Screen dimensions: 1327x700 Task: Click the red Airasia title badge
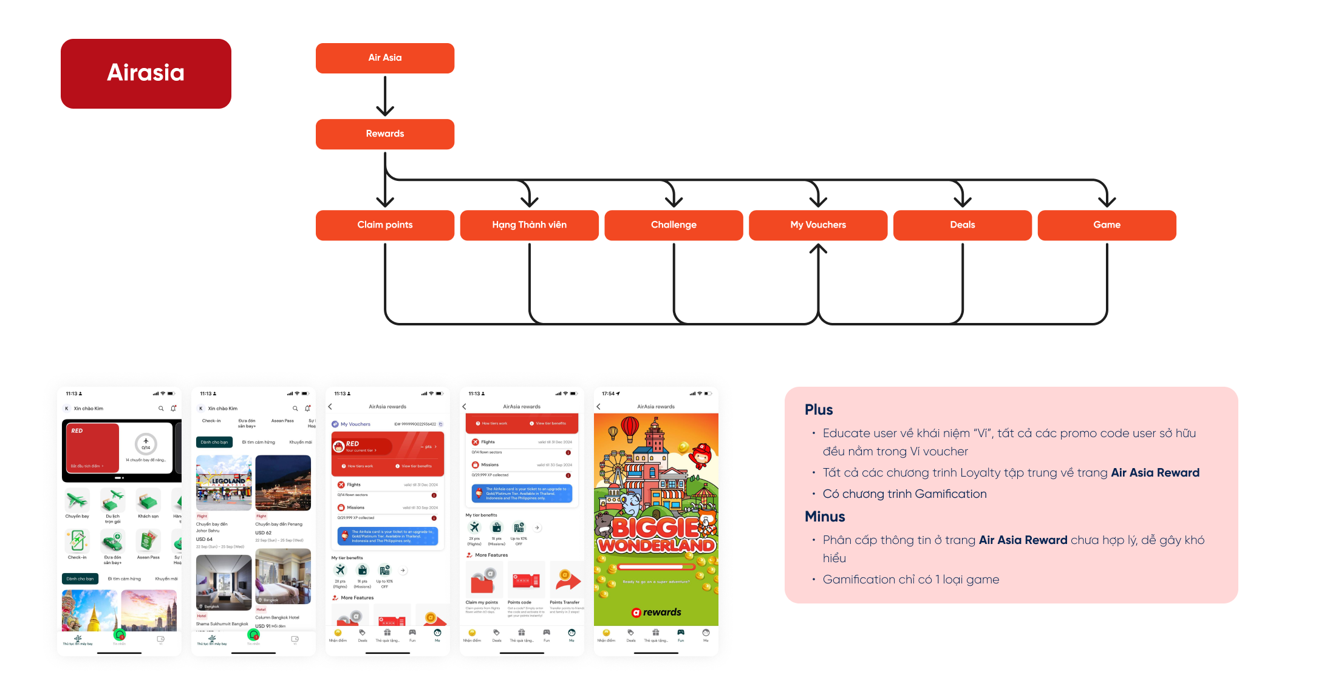point(146,73)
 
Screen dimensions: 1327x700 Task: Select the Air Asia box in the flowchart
point(384,58)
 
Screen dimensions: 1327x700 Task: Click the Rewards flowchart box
point(384,134)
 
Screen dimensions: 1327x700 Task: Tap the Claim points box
point(384,225)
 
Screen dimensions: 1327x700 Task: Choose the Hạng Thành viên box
point(529,225)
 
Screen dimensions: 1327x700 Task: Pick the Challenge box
point(674,225)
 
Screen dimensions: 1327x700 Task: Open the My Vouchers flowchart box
point(817,225)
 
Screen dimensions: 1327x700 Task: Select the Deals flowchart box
point(962,225)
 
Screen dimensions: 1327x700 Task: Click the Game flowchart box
point(1107,225)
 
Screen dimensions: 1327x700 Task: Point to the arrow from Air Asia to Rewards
point(385,96)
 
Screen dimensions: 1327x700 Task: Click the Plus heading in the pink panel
point(819,410)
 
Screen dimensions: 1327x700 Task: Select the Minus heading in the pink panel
point(825,517)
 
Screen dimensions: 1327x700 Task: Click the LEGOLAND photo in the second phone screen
point(223,482)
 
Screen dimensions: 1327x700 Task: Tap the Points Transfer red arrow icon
point(568,580)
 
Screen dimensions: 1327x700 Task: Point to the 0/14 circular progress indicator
point(146,444)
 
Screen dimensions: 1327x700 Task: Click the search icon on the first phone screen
point(161,409)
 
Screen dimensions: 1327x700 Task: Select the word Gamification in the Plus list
point(950,494)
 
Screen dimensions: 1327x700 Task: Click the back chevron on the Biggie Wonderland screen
point(598,407)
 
